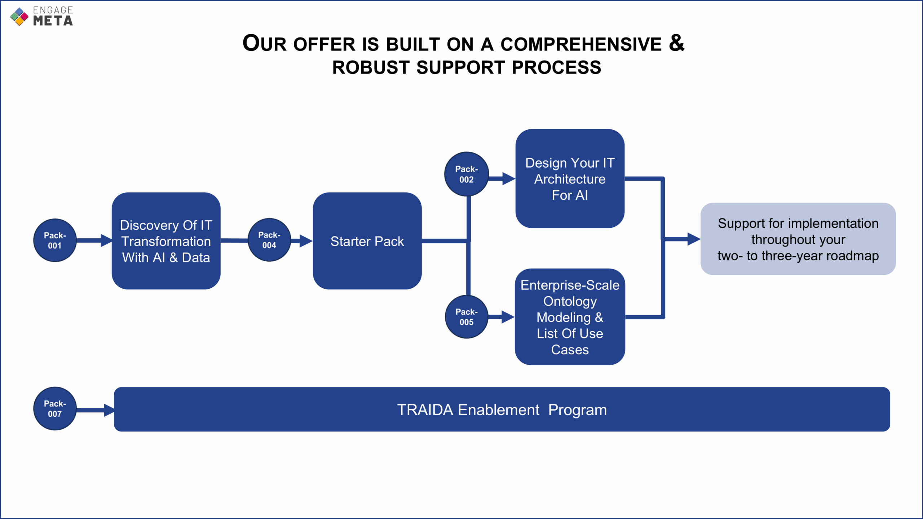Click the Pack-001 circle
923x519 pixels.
[x=55, y=240]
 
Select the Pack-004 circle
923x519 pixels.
[x=269, y=240]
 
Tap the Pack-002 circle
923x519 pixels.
[x=467, y=174]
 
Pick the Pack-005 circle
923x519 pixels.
[x=467, y=317]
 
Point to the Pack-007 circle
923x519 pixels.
[x=55, y=408]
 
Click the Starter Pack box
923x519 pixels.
[x=367, y=241]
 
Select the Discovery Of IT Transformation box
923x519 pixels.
[x=166, y=241]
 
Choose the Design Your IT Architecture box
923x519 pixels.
[x=570, y=178]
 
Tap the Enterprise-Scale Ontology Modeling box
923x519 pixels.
[x=570, y=317]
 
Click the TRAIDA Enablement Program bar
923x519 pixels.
[x=502, y=409]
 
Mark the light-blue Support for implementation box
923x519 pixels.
[x=798, y=239]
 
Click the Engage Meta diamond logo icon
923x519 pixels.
[x=19, y=17]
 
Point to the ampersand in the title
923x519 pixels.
[x=676, y=43]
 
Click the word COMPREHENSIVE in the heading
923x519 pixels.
[x=581, y=44]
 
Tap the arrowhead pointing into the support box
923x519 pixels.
[x=694, y=239]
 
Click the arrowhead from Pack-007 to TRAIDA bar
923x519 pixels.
[x=109, y=410]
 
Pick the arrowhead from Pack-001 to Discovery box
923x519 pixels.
[x=107, y=240]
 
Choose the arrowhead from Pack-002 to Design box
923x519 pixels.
[x=509, y=178]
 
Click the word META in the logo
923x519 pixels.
[x=53, y=21]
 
